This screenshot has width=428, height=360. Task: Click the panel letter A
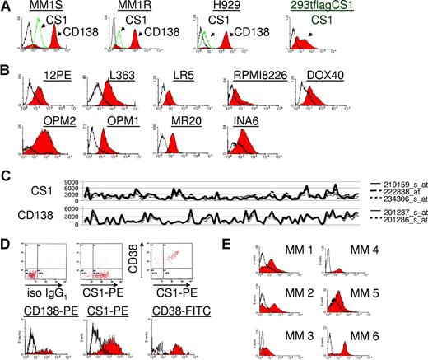coord(7,7)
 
